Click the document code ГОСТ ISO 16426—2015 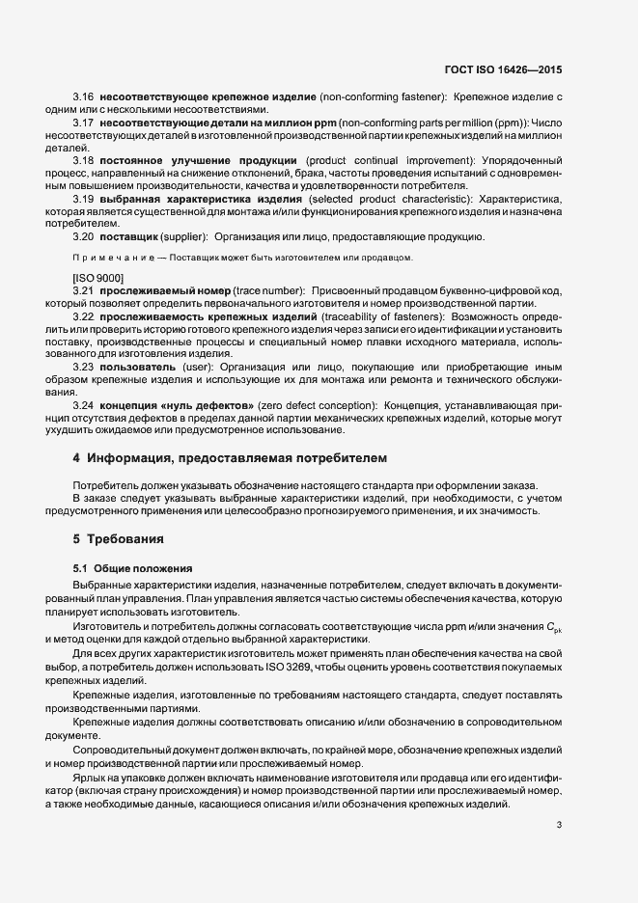coord(504,69)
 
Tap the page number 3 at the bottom coord(560,825)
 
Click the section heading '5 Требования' coord(118,537)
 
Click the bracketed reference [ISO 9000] coord(98,278)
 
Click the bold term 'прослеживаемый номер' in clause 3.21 coord(162,290)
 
